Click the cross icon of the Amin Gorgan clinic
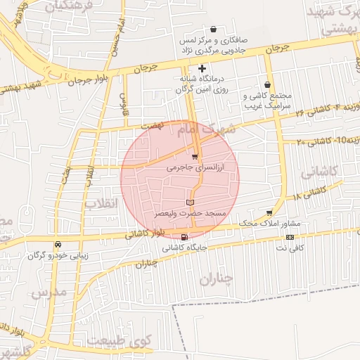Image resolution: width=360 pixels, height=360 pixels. point(202,68)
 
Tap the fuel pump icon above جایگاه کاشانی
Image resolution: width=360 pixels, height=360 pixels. point(184,237)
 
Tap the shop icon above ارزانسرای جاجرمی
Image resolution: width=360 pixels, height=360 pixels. point(195,156)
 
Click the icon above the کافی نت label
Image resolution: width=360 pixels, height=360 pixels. point(290,237)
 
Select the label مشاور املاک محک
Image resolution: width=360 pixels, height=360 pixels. point(269,223)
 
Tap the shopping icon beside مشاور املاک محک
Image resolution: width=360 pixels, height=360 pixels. point(270,212)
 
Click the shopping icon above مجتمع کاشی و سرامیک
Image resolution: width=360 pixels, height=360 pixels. point(267,84)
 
